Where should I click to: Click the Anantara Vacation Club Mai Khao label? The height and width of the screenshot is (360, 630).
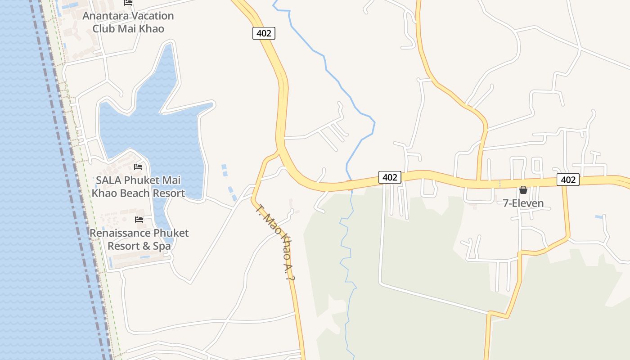tap(128, 22)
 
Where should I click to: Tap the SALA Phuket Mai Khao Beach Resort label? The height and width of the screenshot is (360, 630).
tap(138, 187)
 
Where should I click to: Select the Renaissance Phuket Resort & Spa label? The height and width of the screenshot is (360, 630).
tap(139, 239)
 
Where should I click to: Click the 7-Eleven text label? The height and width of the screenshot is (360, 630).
tap(523, 203)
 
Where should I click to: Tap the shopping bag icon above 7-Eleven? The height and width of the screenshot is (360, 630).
tap(523, 190)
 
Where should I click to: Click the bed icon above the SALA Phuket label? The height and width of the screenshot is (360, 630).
tap(138, 167)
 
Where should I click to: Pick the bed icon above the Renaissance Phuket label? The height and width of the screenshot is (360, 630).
tap(139, 220)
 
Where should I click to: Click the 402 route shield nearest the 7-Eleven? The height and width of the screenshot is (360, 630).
tap(568, 180)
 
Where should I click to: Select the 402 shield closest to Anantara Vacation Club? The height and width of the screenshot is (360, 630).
tap(264, 33)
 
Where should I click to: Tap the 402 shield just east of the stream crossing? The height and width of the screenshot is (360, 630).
tap(390, 177)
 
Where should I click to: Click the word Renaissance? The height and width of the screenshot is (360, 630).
tap(120, 233)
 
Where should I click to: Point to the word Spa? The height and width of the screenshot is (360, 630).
tap(162, 246)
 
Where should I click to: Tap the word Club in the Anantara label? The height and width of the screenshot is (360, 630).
tap(103, 28)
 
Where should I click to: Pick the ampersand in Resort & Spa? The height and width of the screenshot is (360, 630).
tap(145, 246)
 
